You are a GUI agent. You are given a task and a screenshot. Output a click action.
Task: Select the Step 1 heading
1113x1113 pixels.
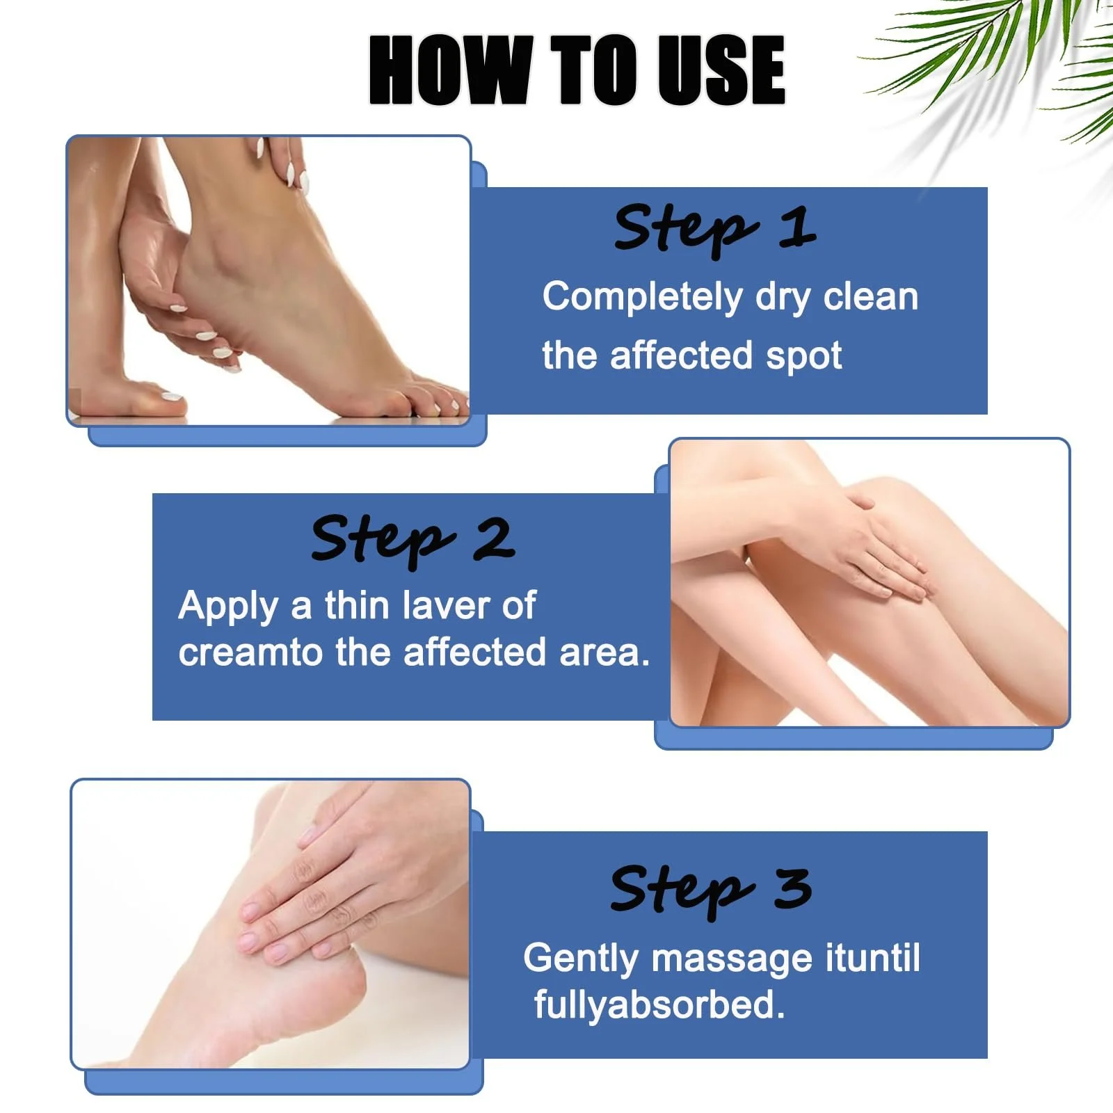715,228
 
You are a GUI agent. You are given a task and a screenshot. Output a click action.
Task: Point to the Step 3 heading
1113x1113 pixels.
711,891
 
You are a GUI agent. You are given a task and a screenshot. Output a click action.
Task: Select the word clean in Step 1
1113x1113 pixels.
871,297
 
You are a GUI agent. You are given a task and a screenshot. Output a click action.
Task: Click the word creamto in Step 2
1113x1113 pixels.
251,653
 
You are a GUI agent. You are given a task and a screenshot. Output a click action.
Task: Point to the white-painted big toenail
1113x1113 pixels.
170,397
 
